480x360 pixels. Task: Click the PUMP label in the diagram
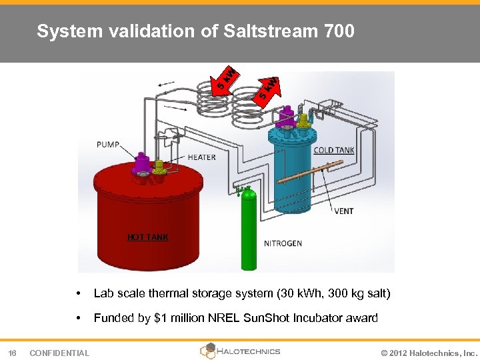[x=108, y=144]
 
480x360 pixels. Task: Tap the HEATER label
[x=201, y=157]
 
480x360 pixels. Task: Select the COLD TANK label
[x=333, y=150]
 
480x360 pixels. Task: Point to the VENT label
[x=343, y=211]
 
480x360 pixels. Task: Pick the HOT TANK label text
[x=148, y=237]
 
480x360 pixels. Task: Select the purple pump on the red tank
[x=141, y=164]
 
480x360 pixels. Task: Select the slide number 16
[x=12, y=353]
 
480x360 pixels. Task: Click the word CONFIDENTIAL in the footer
[x=59, y=353]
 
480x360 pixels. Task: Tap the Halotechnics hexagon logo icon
[x=207, y=351]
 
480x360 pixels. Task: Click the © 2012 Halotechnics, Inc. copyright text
[x=427, y=353]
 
